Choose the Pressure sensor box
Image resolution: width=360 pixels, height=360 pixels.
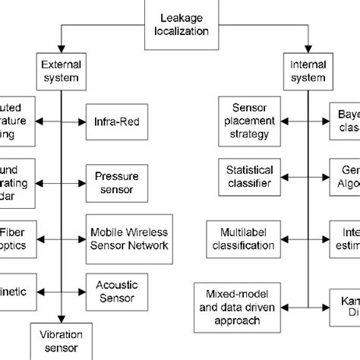coord(110,183)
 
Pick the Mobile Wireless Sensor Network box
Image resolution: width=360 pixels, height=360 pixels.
coord(128,238)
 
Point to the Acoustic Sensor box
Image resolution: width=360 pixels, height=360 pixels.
coord(110,290)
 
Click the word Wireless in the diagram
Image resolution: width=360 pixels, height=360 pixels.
coord(141,232)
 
